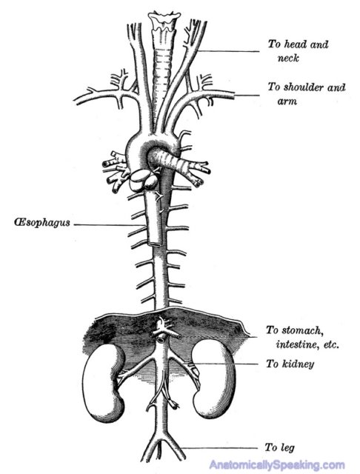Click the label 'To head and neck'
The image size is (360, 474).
tap(298, 51)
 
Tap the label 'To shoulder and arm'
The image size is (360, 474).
tap(307, 94)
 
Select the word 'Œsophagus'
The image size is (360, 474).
tap(42, 222)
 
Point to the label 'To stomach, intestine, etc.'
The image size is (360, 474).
tap(302, 338)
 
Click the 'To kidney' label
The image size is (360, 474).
tap(290, 364)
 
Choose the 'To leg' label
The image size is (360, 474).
tap(279, 447)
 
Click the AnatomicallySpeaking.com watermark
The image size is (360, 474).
tap(277, 464)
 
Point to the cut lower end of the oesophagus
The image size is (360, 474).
tap(156, 242)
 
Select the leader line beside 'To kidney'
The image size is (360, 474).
tap(224, 364)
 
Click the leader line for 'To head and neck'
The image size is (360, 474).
tap(229, 51)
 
